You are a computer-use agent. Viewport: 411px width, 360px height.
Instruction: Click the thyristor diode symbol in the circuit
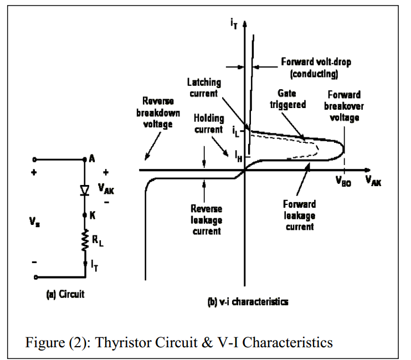tap(84, 190)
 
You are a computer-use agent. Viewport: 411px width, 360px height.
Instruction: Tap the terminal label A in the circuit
tap(92, 159)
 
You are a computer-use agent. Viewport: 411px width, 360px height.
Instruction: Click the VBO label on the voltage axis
tap(343, 182)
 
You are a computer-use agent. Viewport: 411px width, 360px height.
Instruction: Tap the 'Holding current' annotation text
tap(209, 124)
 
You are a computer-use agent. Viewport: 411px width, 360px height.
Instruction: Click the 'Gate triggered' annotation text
tap(287, 100)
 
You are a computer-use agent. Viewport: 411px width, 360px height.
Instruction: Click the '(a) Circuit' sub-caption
tap(65, 294)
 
